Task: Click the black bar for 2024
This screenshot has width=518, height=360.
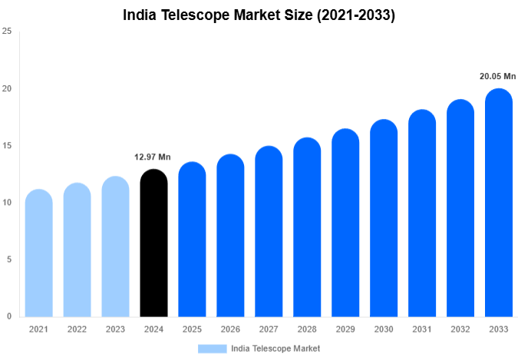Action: [x=153, y=243]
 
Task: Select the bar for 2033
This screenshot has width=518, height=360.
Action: [x=499, y=203]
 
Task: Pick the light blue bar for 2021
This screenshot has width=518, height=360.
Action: [x=38, y=253]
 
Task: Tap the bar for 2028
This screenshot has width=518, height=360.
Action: [x=307, y=228]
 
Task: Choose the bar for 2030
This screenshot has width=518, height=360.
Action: [x=384, y=219]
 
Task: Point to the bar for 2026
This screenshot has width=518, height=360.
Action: [x=230, y=236]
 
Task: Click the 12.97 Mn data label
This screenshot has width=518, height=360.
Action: [x=153, y=157]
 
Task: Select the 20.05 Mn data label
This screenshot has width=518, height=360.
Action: [x=498, y=77]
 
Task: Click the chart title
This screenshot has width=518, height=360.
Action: [x=259, y=15]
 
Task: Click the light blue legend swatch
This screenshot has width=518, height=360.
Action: [x=212, y=348]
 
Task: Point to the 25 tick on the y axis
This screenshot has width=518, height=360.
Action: [x=7, y=31]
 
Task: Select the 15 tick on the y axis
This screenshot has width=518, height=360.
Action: [x=7, y=146]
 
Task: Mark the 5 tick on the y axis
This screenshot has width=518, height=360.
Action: [x=8, y=259]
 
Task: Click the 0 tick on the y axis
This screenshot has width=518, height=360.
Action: [x=8, y=316]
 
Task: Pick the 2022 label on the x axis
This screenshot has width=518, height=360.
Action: [x=77, y=329]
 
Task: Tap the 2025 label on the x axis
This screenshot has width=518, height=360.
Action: [x=192, y=329]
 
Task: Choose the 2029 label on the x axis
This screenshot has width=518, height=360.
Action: [x=345, y=329]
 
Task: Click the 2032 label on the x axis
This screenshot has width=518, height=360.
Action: [x=460, y=329]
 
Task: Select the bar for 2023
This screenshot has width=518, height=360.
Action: [x=115, y=247]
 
